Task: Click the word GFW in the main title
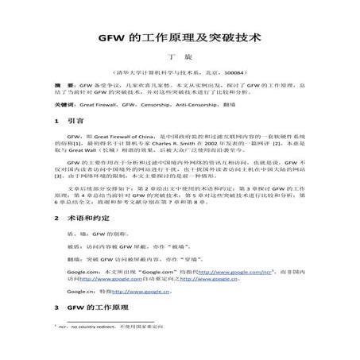pyautogui.click(x=110, y=37)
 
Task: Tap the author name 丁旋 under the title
pyautogui.click(x=180, y=59)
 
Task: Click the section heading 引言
pyautogui.click(x=76, y=123)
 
